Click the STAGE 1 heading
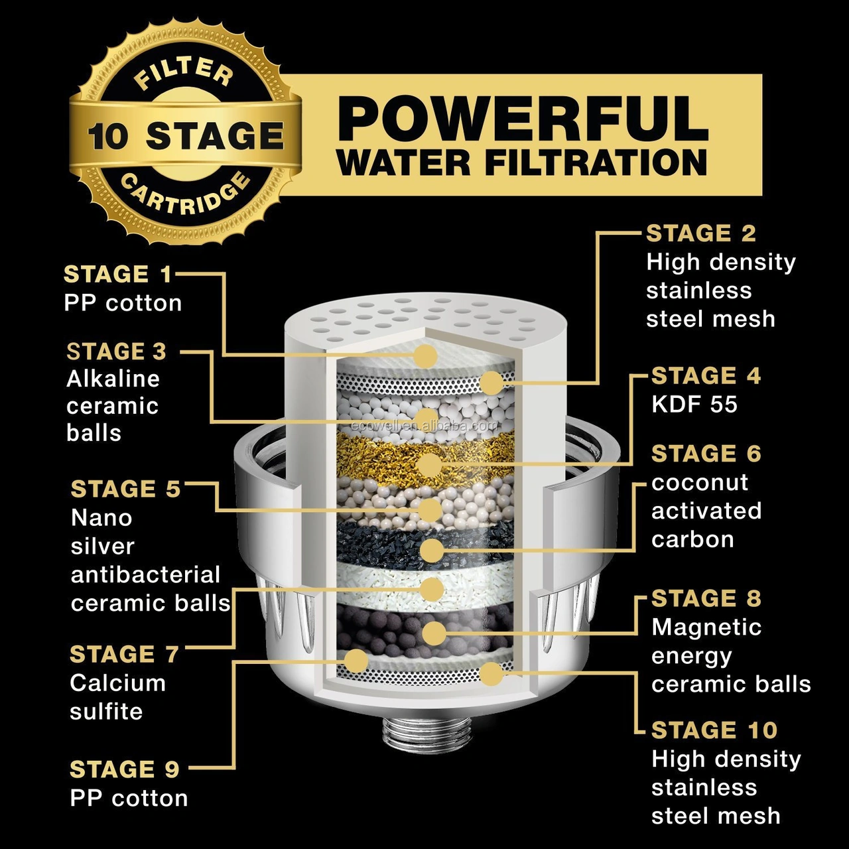pos(117,275)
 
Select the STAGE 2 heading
pos(701,233)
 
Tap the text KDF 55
pos(694,405)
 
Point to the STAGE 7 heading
pos(124,654)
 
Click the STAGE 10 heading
pos(714,730)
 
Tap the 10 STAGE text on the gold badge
pos(186,135)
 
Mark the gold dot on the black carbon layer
pos(432,551)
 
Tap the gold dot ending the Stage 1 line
pos(425,356)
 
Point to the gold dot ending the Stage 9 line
pos(356,661)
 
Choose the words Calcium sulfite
pos(117,697)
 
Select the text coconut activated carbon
pos(706,511)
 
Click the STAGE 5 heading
pos(125,489)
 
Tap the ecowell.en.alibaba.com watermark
pos(424,426)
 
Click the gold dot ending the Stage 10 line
pos(491,674)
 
